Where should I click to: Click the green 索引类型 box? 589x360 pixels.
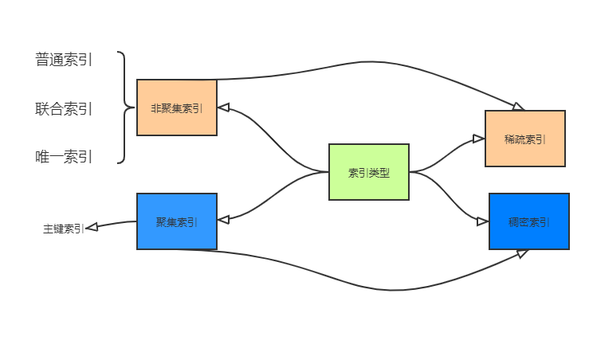[x=368, y=171]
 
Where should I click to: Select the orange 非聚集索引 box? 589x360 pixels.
[x=176, y=108]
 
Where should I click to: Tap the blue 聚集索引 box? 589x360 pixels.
[x=176, y=221]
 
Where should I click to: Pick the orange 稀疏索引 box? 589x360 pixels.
[x=524, y=138]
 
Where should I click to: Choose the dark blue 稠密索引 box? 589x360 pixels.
[x=528, y=221]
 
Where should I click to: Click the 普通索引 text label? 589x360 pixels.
[x=64, y=60]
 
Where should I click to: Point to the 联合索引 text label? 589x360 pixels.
[x=64, y=108]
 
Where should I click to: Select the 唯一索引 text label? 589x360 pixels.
[x=64, y=157]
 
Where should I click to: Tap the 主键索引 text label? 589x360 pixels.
[x=63, y=229]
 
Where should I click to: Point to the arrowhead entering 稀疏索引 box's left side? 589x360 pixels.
[x=479, y=139]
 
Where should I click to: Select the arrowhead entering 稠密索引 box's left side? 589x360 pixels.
[x=483, y=221]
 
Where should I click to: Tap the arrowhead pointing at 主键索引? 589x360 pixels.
[x=91, y=227]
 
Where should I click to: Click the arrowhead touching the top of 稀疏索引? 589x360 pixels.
[x=519, y=106]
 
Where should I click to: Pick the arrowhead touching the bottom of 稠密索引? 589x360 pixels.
[x=523, y=252]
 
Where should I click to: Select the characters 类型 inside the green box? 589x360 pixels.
[x=379, y=171]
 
